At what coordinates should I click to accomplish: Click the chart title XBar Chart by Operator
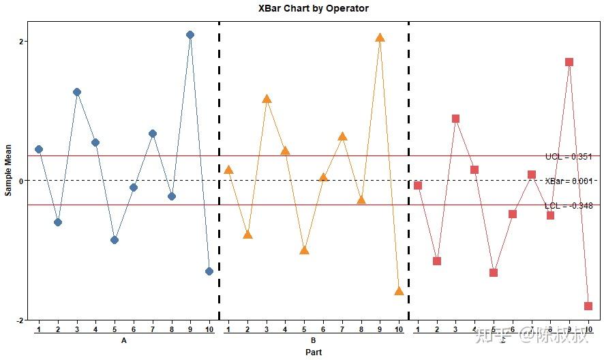click(313, 9)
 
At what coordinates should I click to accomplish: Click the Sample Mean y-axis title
click(8, 170)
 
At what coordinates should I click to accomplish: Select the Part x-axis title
click(314, 352)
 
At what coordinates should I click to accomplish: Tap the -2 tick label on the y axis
click(20, 320)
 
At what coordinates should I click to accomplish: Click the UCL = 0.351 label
click(568, 156)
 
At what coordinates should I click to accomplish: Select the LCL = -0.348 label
click(568, 205)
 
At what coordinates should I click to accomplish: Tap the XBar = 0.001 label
click(568, 181)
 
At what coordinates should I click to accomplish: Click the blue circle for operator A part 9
click(190, 35)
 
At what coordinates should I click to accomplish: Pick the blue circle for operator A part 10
click(209, 271)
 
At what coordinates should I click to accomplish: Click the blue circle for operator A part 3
click(77, 92)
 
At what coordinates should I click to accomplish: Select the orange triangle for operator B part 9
click(380, 37)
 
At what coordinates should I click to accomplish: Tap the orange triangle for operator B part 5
click(304, 250)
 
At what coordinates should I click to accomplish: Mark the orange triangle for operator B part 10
click(399, 291)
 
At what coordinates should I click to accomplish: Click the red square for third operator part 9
click(569, 62)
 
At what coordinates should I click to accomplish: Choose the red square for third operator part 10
click(588, 306)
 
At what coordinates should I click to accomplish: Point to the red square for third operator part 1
click(418, 185)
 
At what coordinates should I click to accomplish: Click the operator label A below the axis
click(123, 340)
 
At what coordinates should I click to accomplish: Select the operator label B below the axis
click(313, 340)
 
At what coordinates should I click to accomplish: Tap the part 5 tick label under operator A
click(115, 330)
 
